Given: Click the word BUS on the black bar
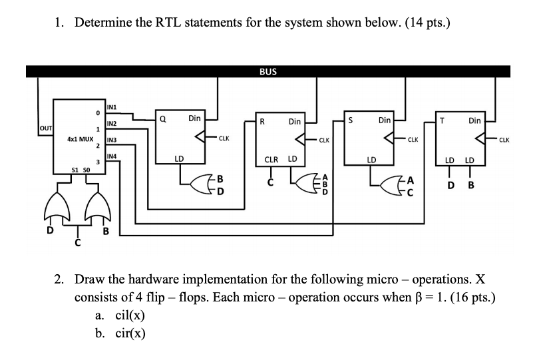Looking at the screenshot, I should pyautogui.click(x=268, y=71).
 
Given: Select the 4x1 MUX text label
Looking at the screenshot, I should pyautogui.click(x=79, y=140).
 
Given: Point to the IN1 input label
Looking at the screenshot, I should pyautogui.click(x=112, y=107).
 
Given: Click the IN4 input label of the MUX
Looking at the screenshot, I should pyautogui.click(x=112, y=156).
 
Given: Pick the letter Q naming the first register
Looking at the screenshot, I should pyautogui.click(x=162, y=119).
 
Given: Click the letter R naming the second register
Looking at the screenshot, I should pyautogui.click(x=263, y=122).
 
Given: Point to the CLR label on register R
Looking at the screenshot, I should pyautogui.click(x=271, y=160).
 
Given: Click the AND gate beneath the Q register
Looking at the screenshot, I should pyautogui.click(x=200, y=184).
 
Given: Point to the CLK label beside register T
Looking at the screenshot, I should pyautogui.click(x=504, y=140).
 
